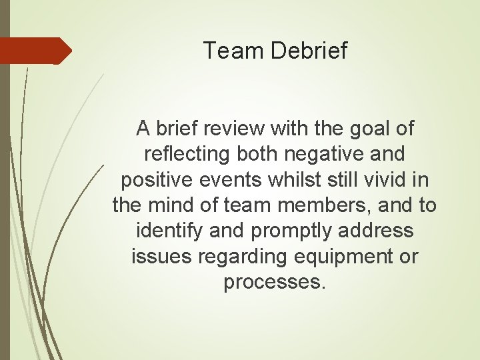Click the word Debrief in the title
[x=309, y=51]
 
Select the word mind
[x=173, y=205]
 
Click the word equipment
[x=340, y=257]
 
